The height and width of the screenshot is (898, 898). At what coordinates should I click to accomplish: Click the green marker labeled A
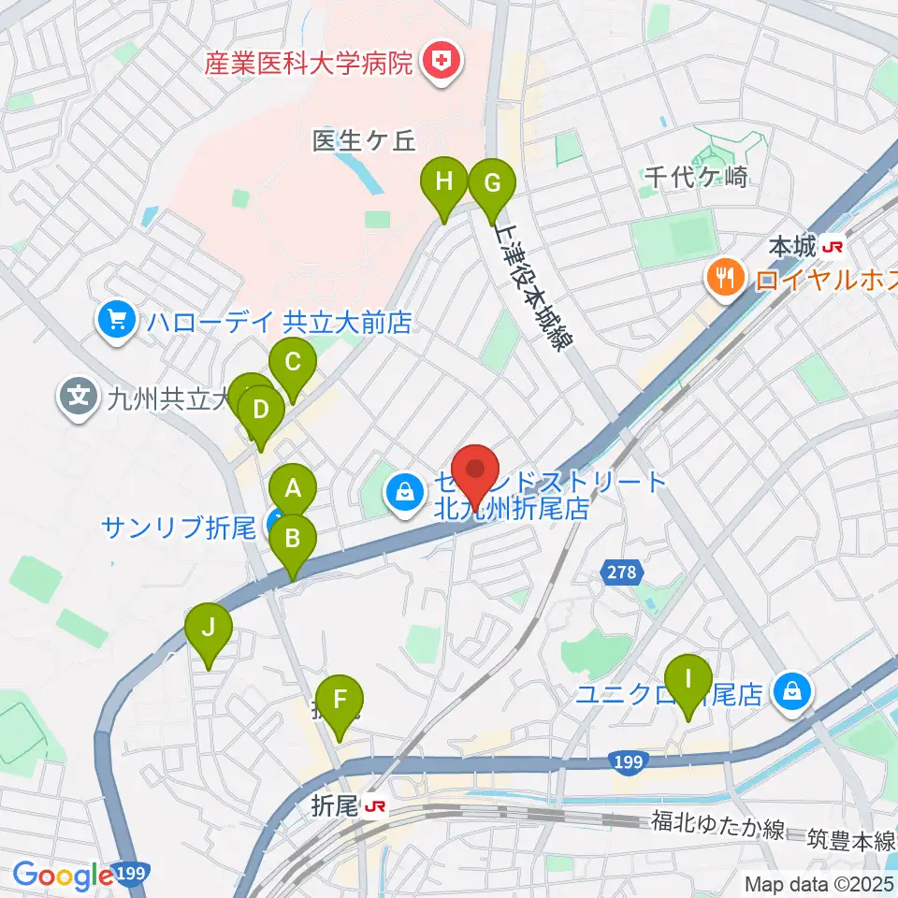click(x=293, y=488)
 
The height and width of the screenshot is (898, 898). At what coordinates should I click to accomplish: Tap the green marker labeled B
click(x=293, y=539)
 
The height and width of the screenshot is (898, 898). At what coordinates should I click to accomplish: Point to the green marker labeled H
click(x=444, y=181)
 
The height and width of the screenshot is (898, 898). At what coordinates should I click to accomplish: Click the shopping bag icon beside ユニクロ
click(x=791, y=693)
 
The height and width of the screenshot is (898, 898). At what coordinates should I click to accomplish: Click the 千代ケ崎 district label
click(x=696, y=176)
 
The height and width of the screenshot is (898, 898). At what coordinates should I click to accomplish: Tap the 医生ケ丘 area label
click(x=363, y=139)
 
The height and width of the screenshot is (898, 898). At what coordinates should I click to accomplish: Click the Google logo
click(x=63, y=875)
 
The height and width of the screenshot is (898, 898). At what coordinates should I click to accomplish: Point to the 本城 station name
click(x=791, y=248)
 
